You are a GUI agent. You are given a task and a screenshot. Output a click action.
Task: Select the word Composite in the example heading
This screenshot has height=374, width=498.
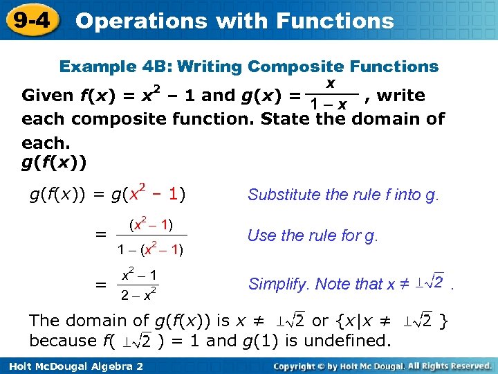point(296,67)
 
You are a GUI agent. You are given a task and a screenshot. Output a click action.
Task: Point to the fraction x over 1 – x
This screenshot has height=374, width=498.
point(331,95)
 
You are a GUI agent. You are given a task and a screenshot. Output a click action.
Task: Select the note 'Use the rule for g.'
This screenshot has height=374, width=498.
point(313,235)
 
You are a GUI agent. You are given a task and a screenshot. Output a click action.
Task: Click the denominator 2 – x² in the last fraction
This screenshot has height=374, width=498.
point(138,296)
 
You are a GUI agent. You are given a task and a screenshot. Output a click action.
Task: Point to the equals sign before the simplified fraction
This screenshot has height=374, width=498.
point(101,285)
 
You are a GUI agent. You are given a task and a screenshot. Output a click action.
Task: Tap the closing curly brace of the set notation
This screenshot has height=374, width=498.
point(444,321)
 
